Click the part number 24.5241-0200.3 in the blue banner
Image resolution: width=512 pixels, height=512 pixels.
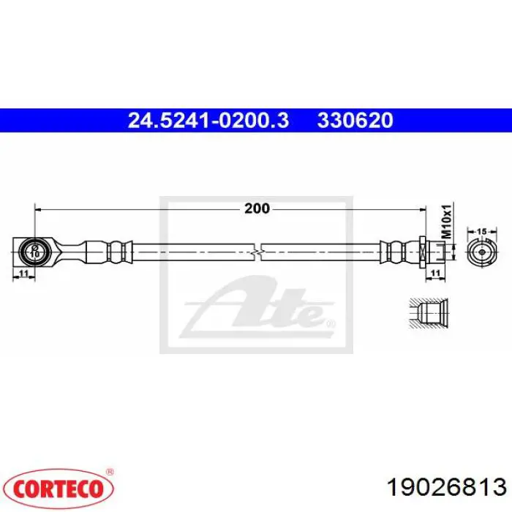coord(208,121)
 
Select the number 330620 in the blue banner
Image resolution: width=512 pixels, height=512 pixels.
coord(355,121)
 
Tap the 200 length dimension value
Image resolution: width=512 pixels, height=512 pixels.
coord(257,208)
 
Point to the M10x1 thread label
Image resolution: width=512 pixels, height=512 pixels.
coord(446,222)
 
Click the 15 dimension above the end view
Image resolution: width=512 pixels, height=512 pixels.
coord(482,232)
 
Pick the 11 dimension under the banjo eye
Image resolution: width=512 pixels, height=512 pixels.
coord(23,273)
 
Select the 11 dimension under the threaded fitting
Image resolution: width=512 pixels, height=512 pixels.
coord(436,273)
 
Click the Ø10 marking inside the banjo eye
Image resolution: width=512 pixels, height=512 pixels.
coord(34,252)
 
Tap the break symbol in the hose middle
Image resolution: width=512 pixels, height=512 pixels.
coord(257,252)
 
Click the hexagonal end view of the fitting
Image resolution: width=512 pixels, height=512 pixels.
coord(482,252)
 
